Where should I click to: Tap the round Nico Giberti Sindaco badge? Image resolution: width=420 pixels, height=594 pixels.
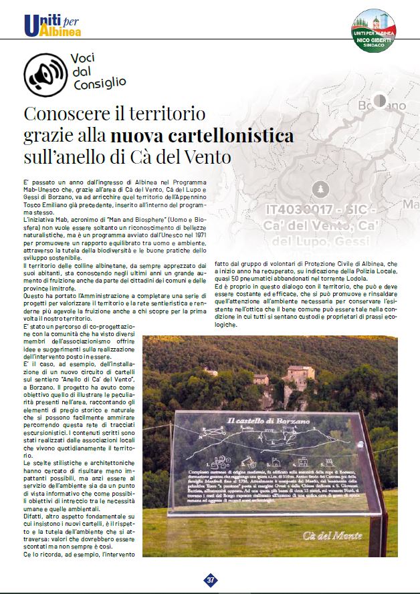(x=375, y=29)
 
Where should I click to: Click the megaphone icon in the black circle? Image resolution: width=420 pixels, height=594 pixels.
(x=43, y=71)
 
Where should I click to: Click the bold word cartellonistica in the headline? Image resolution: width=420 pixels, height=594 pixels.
(x=202, y=136)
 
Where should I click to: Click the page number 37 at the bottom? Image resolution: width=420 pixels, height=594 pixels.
(x=211, y=579)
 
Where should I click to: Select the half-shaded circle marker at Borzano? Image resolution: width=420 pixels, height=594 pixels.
(x=379, y=100)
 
